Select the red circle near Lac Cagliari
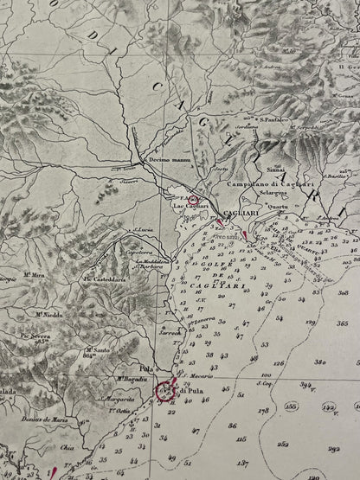193,199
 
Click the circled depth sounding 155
292,406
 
